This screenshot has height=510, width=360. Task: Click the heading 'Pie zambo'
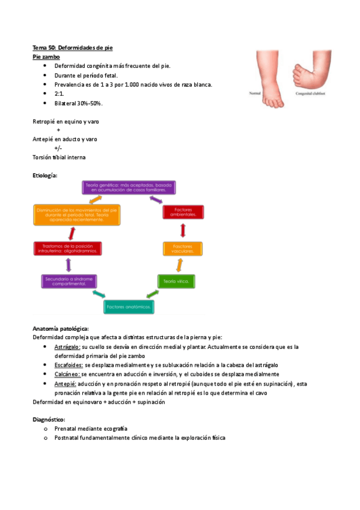46,56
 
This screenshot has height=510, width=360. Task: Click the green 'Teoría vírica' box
175,280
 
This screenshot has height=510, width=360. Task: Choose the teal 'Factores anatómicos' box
128,307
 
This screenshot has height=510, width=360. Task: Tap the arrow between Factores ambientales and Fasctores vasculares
182,231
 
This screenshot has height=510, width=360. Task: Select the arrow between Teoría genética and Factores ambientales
156,199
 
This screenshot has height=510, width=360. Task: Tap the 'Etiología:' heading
45,174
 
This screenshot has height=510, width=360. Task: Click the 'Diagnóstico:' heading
49,419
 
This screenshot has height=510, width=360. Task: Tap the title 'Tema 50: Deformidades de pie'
73,47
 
